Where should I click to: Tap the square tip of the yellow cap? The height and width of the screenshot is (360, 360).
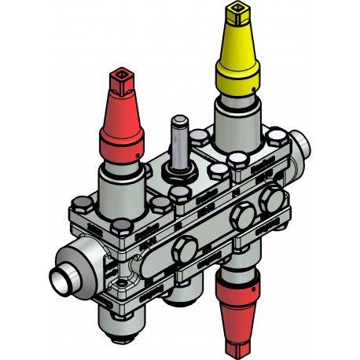coord(236,13)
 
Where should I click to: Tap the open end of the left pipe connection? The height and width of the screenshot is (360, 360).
coord(62,277)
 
